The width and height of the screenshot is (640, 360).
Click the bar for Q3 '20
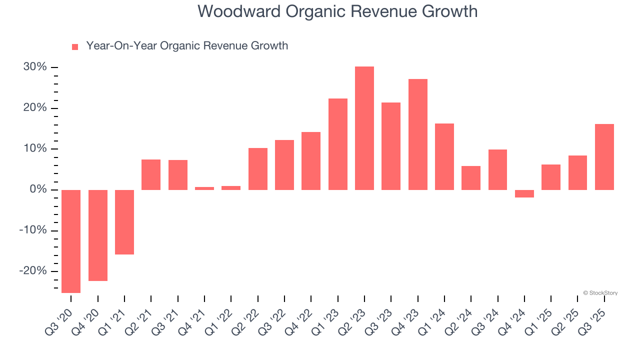[x=71, y=241]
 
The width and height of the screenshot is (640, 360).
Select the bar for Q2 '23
[x=364, y=128]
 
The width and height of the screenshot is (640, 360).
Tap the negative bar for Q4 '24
[x=524, y=193]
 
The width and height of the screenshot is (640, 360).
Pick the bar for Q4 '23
[x=418, y=134]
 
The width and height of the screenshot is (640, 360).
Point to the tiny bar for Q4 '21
[x=204, y=188]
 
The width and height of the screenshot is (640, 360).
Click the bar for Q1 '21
[x=124, y=222]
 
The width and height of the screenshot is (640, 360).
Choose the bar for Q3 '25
[x=604, y=157]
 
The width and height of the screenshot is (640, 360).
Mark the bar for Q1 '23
[x=338, y=144]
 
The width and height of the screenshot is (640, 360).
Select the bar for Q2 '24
[x=471, y=178]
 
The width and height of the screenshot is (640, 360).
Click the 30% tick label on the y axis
[x=35, y=67]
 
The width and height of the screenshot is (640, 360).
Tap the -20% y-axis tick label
[x=33, y=271]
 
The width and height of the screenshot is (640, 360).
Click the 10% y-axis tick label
[x=35, y=149]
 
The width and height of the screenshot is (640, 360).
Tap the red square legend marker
[x=75, y=47]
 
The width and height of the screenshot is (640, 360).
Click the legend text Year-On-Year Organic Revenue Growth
[x=187, y=46]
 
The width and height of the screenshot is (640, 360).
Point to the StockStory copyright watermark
[x=600, y=293]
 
